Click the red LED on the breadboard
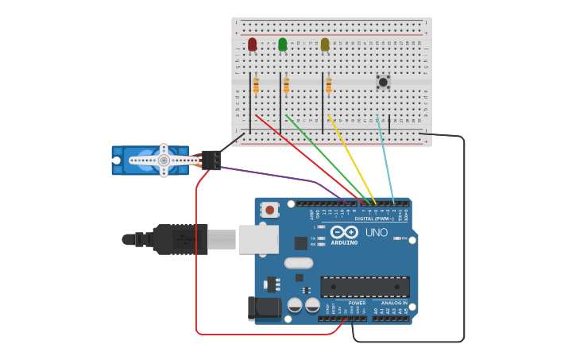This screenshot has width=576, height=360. [x=252, y=45]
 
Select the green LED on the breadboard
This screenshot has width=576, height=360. [x=282, y=45]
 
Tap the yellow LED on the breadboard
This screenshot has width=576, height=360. [x=324, y=45]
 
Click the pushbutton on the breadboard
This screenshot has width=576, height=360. [x=383, y=81]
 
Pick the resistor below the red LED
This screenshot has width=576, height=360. [x=256, y=84]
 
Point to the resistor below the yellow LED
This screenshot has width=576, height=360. [x=328, y=84]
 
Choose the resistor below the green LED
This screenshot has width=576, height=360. [x=286, y=85]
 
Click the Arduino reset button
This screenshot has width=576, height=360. [x=270, y=210]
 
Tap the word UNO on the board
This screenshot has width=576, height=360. [x=377, y=232]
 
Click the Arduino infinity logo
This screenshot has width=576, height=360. [x=344, y=232]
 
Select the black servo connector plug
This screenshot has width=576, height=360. [x=211, y=161]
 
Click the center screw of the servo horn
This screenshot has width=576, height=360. [x=164, y=160]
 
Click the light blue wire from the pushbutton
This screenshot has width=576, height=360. [x=385, y=159]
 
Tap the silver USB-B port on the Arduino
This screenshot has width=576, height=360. [x=258, y=239]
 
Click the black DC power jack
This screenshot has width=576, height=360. [x=264, y=308]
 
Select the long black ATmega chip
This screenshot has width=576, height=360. [x=365, y=287]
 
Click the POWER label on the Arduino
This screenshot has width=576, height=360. [x=357, y=303]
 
